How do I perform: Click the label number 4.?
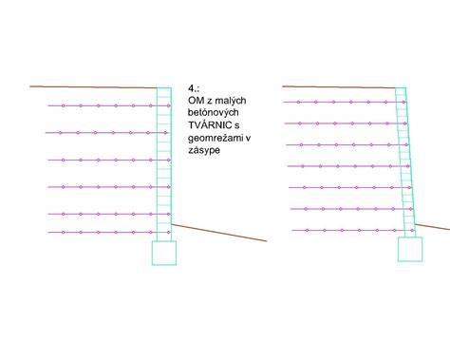[x=194, y=88]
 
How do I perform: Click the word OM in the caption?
[x=196, y=101]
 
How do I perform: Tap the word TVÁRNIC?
[x=210, y=124]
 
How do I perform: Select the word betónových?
[x=214, y=112]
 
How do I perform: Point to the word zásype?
[x=204, y=150]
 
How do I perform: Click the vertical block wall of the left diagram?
[x=164, y=164]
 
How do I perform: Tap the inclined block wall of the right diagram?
[x=405, y=162]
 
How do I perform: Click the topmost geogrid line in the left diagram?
[x=109, y=105]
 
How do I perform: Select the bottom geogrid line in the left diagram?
[x=109, y=232]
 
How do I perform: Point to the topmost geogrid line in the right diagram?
[x=345, y=102]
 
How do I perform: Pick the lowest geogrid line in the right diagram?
[x=353, y=230]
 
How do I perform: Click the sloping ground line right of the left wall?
[x=219, y=233]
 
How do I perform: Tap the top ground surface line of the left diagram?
[x=93, y=86]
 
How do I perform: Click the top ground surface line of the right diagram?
[x=339, y=86]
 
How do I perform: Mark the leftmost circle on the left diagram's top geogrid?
[x=64, y=105]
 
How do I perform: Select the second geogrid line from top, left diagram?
[x=107, y=133]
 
